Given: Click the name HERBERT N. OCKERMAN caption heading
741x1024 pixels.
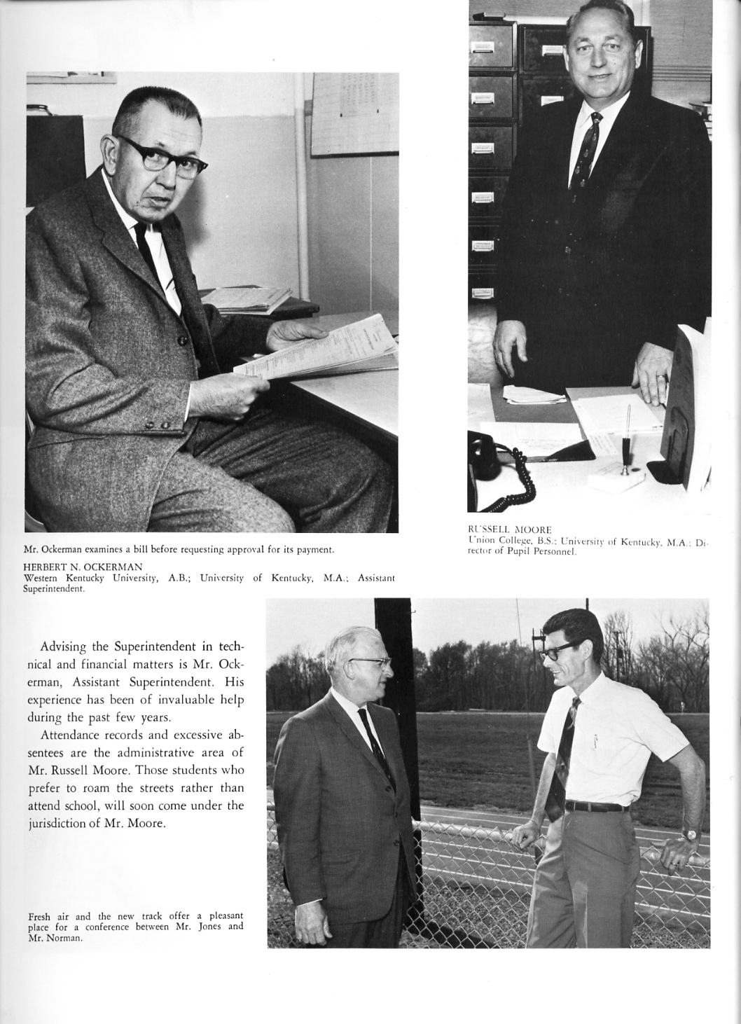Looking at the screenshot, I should click(x=83, y=567).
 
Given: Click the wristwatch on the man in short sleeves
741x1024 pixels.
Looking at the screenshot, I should click(x=691, y=834).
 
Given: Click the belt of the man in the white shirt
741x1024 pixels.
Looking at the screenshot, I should click(x=595, y=806).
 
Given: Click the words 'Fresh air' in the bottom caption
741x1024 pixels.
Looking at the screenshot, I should click(x=49, y=916).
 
